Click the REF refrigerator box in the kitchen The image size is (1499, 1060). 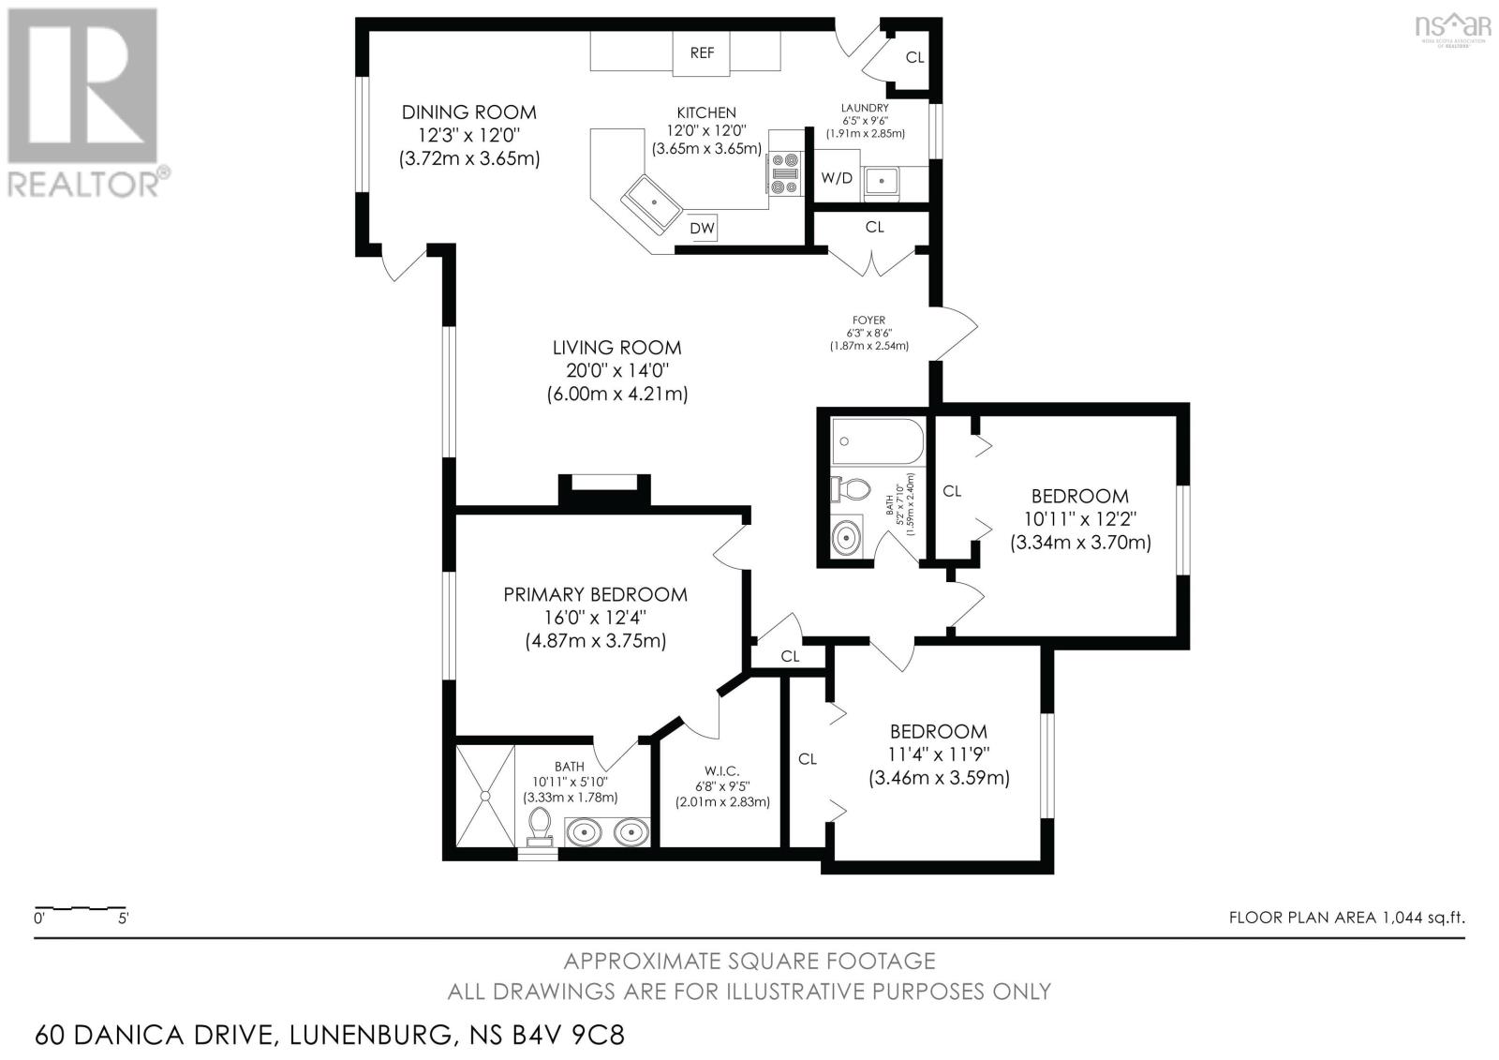(x=702, y=53)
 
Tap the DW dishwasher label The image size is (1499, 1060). (x=702, y=228)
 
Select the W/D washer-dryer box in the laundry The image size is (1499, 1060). (x=837, y=178)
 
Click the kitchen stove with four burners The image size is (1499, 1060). (x=784, y=174)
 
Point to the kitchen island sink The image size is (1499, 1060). (x=653, y=202)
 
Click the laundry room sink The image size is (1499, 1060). (x=881, y=181)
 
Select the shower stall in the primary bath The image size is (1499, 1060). (x=484, y=796)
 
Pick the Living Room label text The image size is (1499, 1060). (x=616, y=348)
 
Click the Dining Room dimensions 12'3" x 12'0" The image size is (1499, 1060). (x=468, y=135)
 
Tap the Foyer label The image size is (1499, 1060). (x=868, y=321)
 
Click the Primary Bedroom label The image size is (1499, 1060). (x=595, y=594)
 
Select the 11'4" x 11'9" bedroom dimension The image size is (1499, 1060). (x=939, y=754)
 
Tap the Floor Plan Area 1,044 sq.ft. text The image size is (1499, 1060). (x=1346, y=918)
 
